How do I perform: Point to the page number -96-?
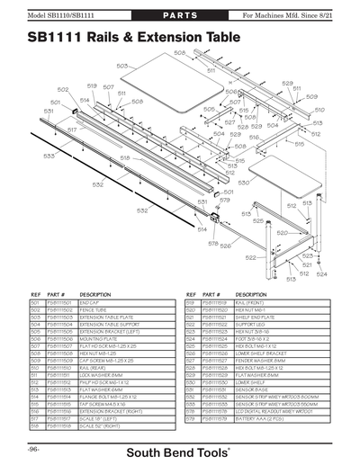(33, 447)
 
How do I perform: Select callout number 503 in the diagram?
(121, 66)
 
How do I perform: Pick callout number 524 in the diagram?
(321, 273)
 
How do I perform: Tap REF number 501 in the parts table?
(36, 303)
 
